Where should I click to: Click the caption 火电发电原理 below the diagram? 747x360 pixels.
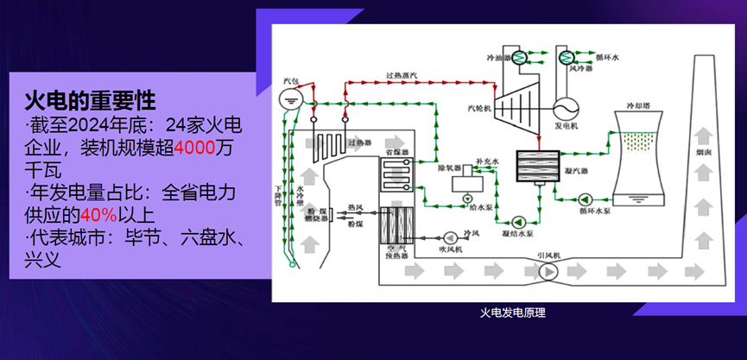513,313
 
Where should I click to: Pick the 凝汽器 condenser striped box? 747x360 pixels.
539,164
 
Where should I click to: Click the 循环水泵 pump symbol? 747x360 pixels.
586,198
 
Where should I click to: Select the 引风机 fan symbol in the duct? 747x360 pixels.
547,272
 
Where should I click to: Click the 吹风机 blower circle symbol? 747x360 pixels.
449,237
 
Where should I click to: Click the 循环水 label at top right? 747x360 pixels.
608,58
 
